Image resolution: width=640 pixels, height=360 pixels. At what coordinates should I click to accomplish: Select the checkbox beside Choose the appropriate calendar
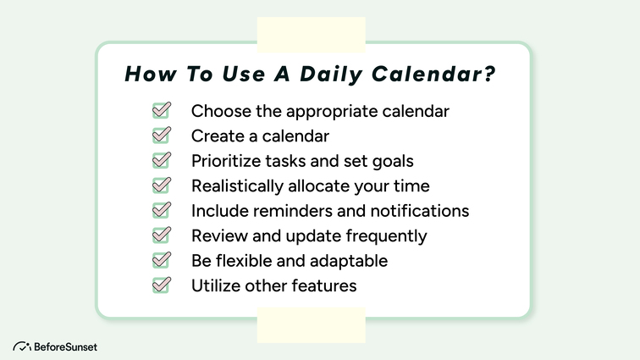pos(161,110)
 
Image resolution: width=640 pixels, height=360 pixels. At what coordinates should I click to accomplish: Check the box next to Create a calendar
pos(161,135)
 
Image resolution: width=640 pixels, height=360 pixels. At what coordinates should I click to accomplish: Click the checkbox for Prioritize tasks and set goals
pos(161,160)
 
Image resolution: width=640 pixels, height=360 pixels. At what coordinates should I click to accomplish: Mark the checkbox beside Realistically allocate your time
pos(161,185)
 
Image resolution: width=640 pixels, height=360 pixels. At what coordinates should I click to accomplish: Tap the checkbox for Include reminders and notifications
pos(161,210)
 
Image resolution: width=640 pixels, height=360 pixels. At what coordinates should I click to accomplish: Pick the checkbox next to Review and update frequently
pos(161,235)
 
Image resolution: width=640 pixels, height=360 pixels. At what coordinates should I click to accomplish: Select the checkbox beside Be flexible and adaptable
pos(161,260)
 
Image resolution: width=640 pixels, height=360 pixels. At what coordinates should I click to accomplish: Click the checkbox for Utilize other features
pos(161,285)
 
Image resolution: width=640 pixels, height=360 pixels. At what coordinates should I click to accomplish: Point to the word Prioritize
pos(223,161)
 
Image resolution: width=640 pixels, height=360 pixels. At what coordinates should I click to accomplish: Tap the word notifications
pos(420,211)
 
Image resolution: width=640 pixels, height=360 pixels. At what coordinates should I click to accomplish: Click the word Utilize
pos(214,285)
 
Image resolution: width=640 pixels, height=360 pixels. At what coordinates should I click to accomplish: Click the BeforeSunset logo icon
pos(21,346)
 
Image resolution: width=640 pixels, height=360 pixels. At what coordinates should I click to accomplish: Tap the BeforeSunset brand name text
pos(66,346)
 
